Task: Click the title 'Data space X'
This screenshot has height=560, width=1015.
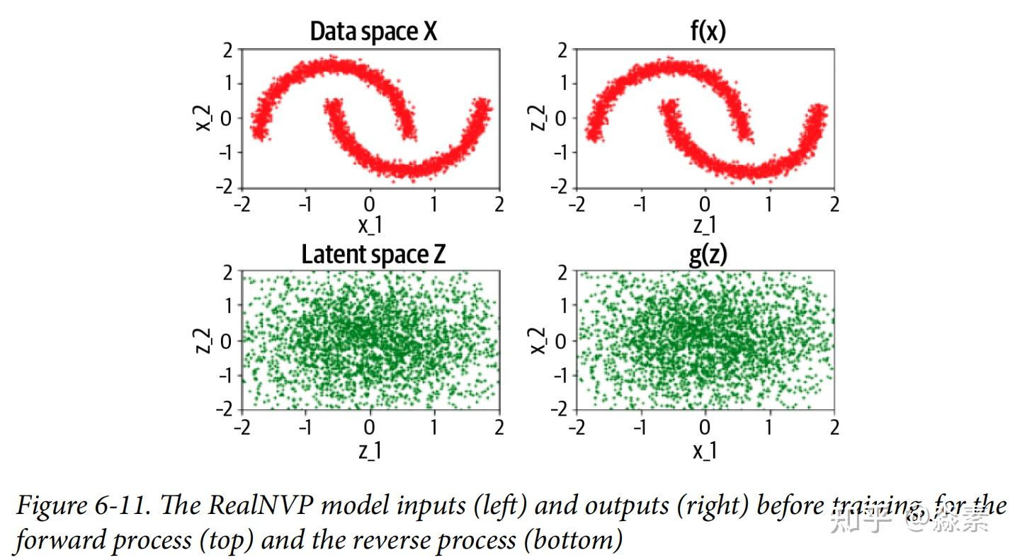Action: click(x=373, y=32)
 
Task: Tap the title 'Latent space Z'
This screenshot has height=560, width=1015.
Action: click(x=373, y=254)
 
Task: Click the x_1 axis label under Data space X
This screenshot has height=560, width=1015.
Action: click(x=370, y=226)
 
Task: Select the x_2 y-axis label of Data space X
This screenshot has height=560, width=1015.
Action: click(x=204, y=118)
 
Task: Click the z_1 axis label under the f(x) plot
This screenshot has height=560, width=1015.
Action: click(x=705, y=226)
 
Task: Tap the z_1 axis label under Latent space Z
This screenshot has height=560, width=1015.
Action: click(x=370, y=450)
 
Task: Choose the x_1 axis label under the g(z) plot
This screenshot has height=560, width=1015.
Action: click(x=705, y=450)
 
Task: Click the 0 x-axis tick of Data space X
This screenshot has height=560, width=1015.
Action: click(x=370, y=205)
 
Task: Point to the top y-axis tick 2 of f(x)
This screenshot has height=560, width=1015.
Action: click(x=562, y=50)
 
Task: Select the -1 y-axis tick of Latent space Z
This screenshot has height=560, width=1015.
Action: click(x=223, y=375)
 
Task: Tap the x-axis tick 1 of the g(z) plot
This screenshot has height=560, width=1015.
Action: click(x=769, y=428)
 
